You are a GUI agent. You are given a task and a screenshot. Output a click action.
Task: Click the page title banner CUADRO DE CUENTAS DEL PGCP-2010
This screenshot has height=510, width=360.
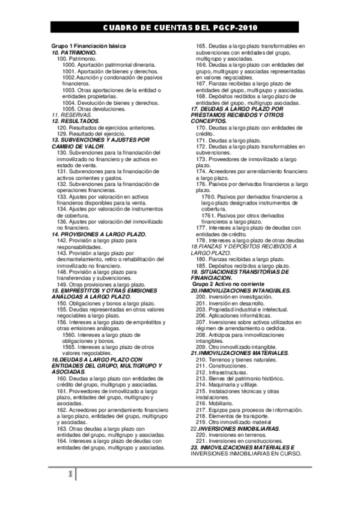(x=180, y=28)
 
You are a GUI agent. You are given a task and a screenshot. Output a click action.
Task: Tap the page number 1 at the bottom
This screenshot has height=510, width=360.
(x=70, y=475)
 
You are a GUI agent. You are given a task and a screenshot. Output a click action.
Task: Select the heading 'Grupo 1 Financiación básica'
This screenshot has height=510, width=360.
(x=88, y=46)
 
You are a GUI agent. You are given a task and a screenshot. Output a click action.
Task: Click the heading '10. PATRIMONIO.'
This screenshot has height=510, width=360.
(x=74, y=53)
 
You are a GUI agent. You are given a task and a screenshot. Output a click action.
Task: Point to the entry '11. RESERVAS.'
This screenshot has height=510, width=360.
(x=72, y=114)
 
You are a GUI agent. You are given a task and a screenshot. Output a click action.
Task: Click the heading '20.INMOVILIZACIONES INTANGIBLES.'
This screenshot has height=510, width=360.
(x=240, y=290)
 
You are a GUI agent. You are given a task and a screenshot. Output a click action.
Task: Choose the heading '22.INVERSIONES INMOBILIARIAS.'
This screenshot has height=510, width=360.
(x=235, y=428)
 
